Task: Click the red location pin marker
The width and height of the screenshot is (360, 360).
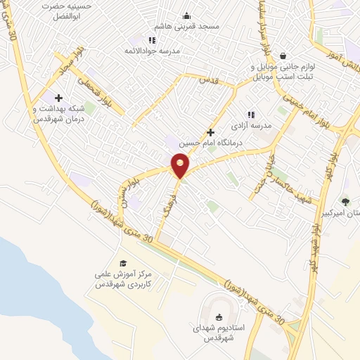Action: tap(181, 165)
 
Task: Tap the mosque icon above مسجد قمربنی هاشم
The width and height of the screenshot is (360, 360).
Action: tap(186, 16)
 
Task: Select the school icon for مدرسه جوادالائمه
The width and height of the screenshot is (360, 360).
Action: tap(152, 40)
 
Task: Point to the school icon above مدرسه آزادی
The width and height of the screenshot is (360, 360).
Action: tap(250, 115)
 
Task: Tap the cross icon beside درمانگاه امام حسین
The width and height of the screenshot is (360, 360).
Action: tap(210, 132)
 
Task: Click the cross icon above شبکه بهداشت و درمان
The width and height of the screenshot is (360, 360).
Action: tap(58, 98)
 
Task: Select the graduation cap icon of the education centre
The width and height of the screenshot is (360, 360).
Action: tap(123, 262)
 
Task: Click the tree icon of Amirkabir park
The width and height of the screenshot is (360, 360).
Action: tap(345, 201)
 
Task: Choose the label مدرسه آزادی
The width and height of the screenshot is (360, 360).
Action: tap(257, 127)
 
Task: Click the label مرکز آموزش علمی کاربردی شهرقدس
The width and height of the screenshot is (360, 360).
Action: tap(127, 280)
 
